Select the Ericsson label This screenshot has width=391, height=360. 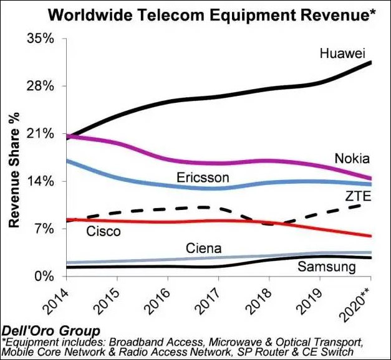tap(203, 178)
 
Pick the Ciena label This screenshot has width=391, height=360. tap(203, 249)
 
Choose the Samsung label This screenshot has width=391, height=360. tap(326, 267)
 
